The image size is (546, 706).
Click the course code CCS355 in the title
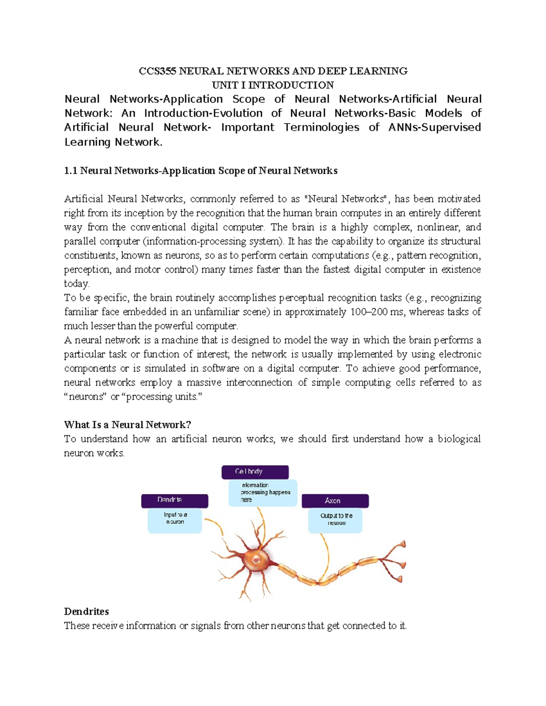pyautogui.click(x=157, y=71)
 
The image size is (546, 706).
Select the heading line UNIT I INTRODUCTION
pyautogui.click(x=273, y=85)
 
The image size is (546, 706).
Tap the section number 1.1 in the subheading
pyautogui.click(x=71, y=170)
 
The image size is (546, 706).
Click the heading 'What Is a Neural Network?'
pyautogui.click(x=127, y=425)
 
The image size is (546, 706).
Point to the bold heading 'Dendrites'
pyautogui.click(x=86, y=611)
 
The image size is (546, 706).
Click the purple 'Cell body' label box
pyautogui.click(x=255, y=472)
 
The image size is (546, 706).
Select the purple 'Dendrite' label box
pyautogui.click(x=175, y=501)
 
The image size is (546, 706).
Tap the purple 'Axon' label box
pyautogui.click(x=335, y=501)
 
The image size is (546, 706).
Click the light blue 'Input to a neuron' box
pyautogui.click(x=175, y=521)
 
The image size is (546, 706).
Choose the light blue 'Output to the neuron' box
pyautogui.click(x=335, y=521)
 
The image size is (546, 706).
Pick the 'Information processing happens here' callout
pyautogui.click(x=263, y=493)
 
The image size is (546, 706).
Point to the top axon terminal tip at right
pyautogui.click(x=402, y=544)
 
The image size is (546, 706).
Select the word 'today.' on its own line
pyautogui.click(x=77, y=284)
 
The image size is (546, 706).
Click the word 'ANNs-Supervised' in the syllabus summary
pyautogui.click(x=435, y=127)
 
